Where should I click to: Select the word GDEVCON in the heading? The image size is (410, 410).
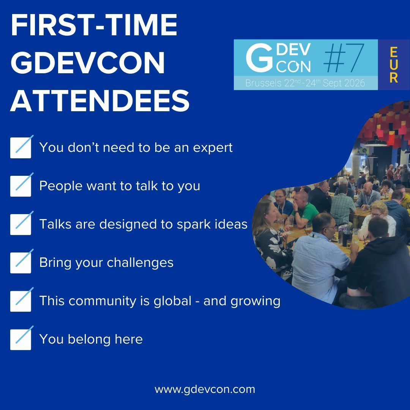[88, 63]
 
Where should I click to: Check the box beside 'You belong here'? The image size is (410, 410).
[20, 339]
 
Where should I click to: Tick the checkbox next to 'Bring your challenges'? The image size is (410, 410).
[20, 263]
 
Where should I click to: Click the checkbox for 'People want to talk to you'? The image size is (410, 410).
[20, 186]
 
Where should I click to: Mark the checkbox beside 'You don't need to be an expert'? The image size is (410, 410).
[20, 148]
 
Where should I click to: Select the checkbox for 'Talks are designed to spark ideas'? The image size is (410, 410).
[20, 224]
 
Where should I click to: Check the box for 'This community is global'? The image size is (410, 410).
[20, 301]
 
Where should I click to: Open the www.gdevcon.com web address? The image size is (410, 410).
[205, 389]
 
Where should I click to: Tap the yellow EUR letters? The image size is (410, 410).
[394, 65]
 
